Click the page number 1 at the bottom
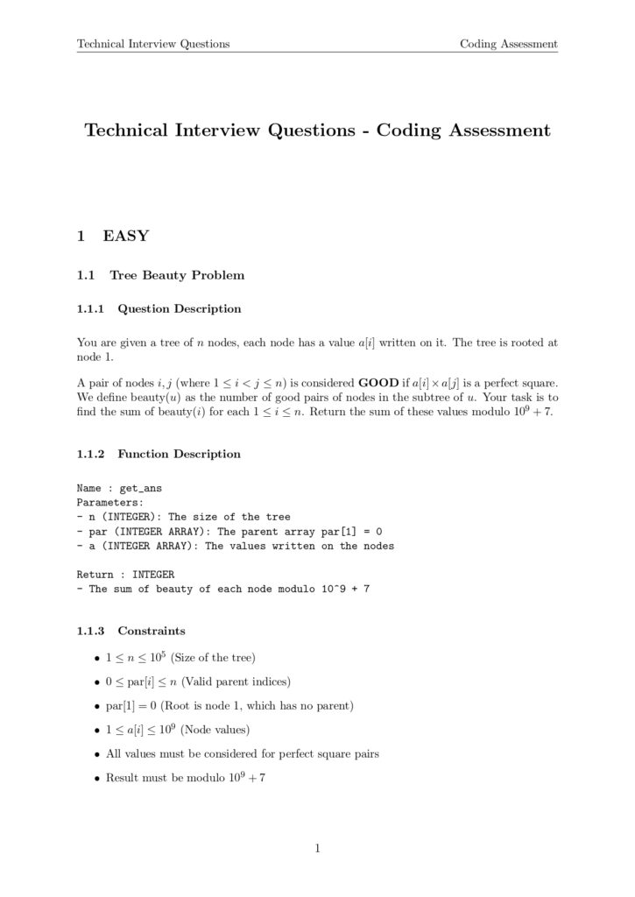(317, 847)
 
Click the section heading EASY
(126, 236)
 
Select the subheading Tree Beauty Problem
(177, 275)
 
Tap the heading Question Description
(179, 308)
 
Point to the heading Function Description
(179, 454)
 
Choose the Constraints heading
(152, 630)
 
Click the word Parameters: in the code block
(108, 503)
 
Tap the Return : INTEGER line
(125, 575)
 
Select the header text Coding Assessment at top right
(509, 44)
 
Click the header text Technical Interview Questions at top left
(153, 44)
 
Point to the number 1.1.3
(90, 630)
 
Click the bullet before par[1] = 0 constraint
(96, 705)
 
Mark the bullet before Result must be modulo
(96, 777)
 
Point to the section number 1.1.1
(90, 308)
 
